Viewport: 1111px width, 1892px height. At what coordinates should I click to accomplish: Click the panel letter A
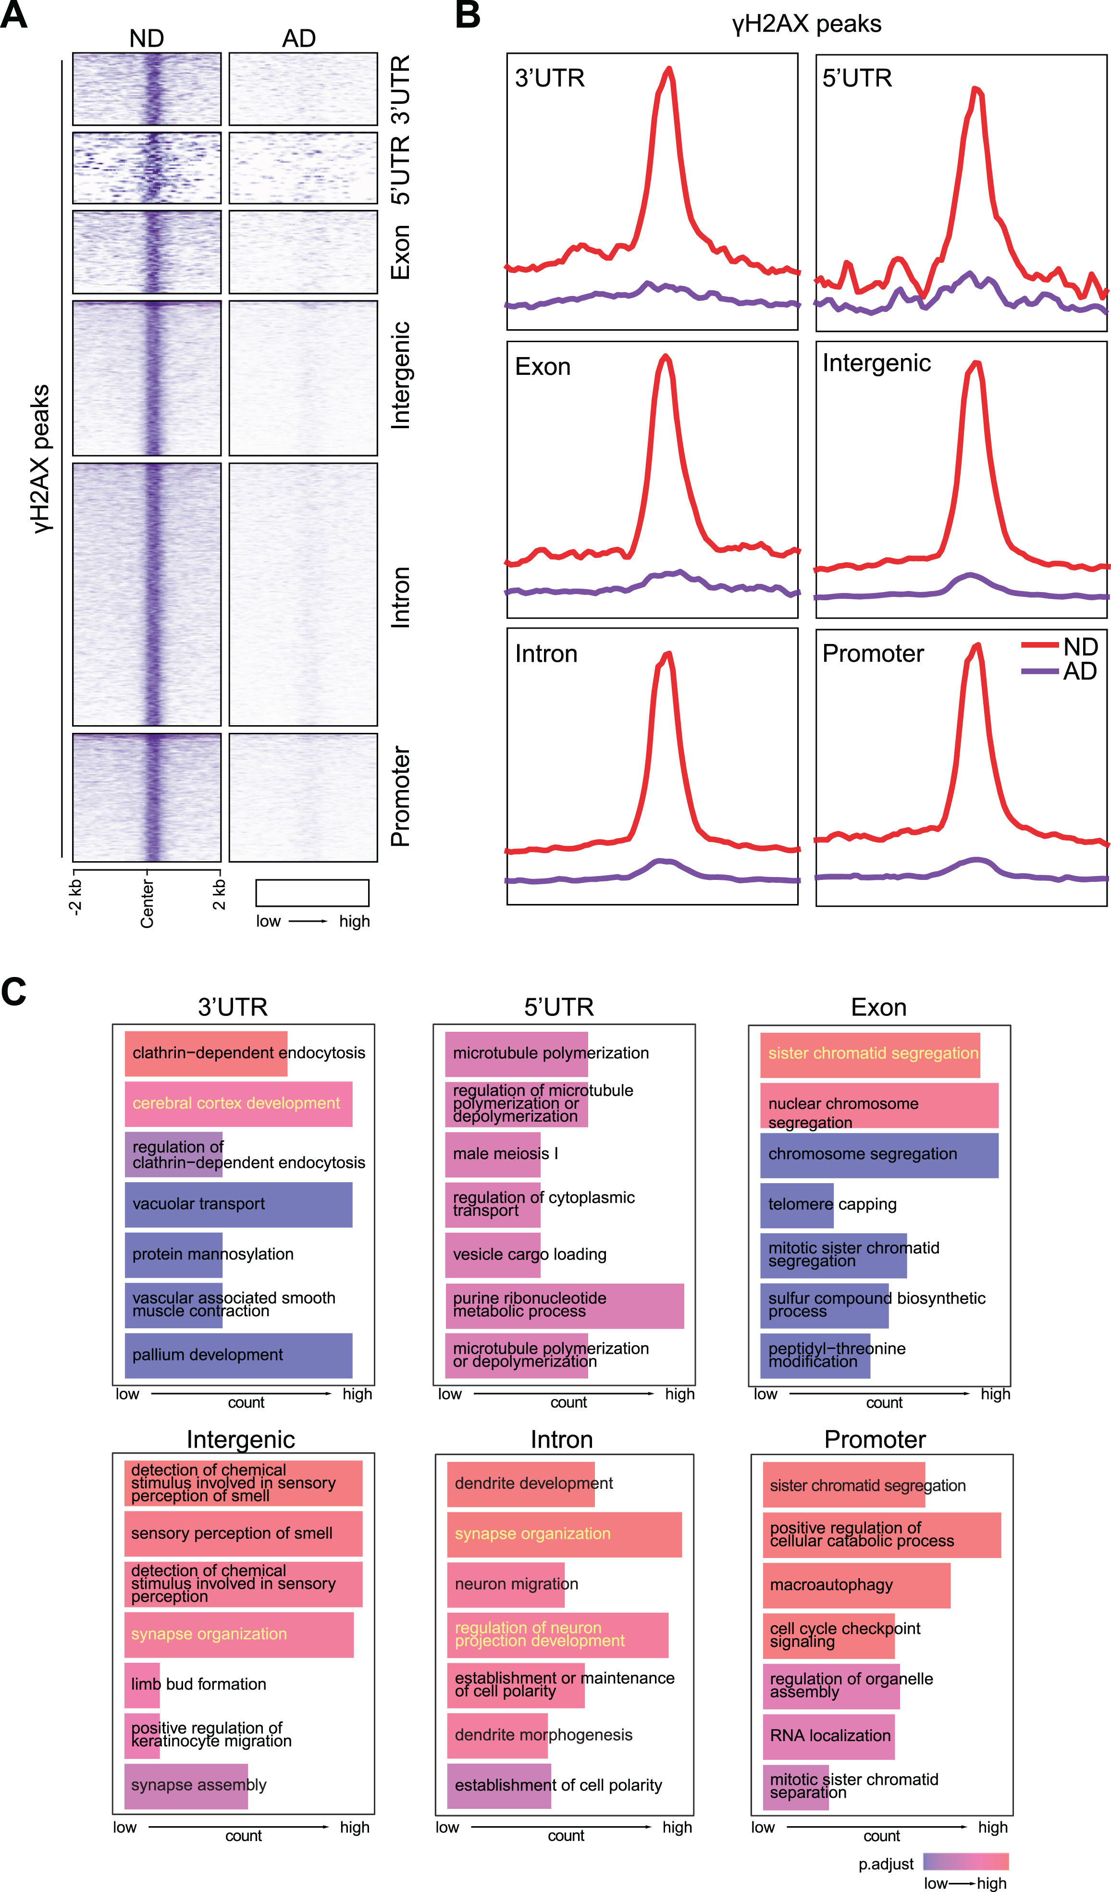click(14, 14)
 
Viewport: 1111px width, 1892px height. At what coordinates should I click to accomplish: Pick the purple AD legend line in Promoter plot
click(1040, 670)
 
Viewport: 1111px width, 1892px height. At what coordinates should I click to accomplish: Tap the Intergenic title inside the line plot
click(876, 363)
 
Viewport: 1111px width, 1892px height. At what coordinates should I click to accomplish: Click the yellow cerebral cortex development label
click(236, 1103)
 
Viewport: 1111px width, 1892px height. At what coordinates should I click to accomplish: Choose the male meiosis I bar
click(493, 1154)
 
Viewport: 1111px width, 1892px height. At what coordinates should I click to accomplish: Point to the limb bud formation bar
click(142, 1684)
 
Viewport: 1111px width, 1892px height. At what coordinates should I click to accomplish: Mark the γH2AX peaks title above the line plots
click(807, 24)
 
